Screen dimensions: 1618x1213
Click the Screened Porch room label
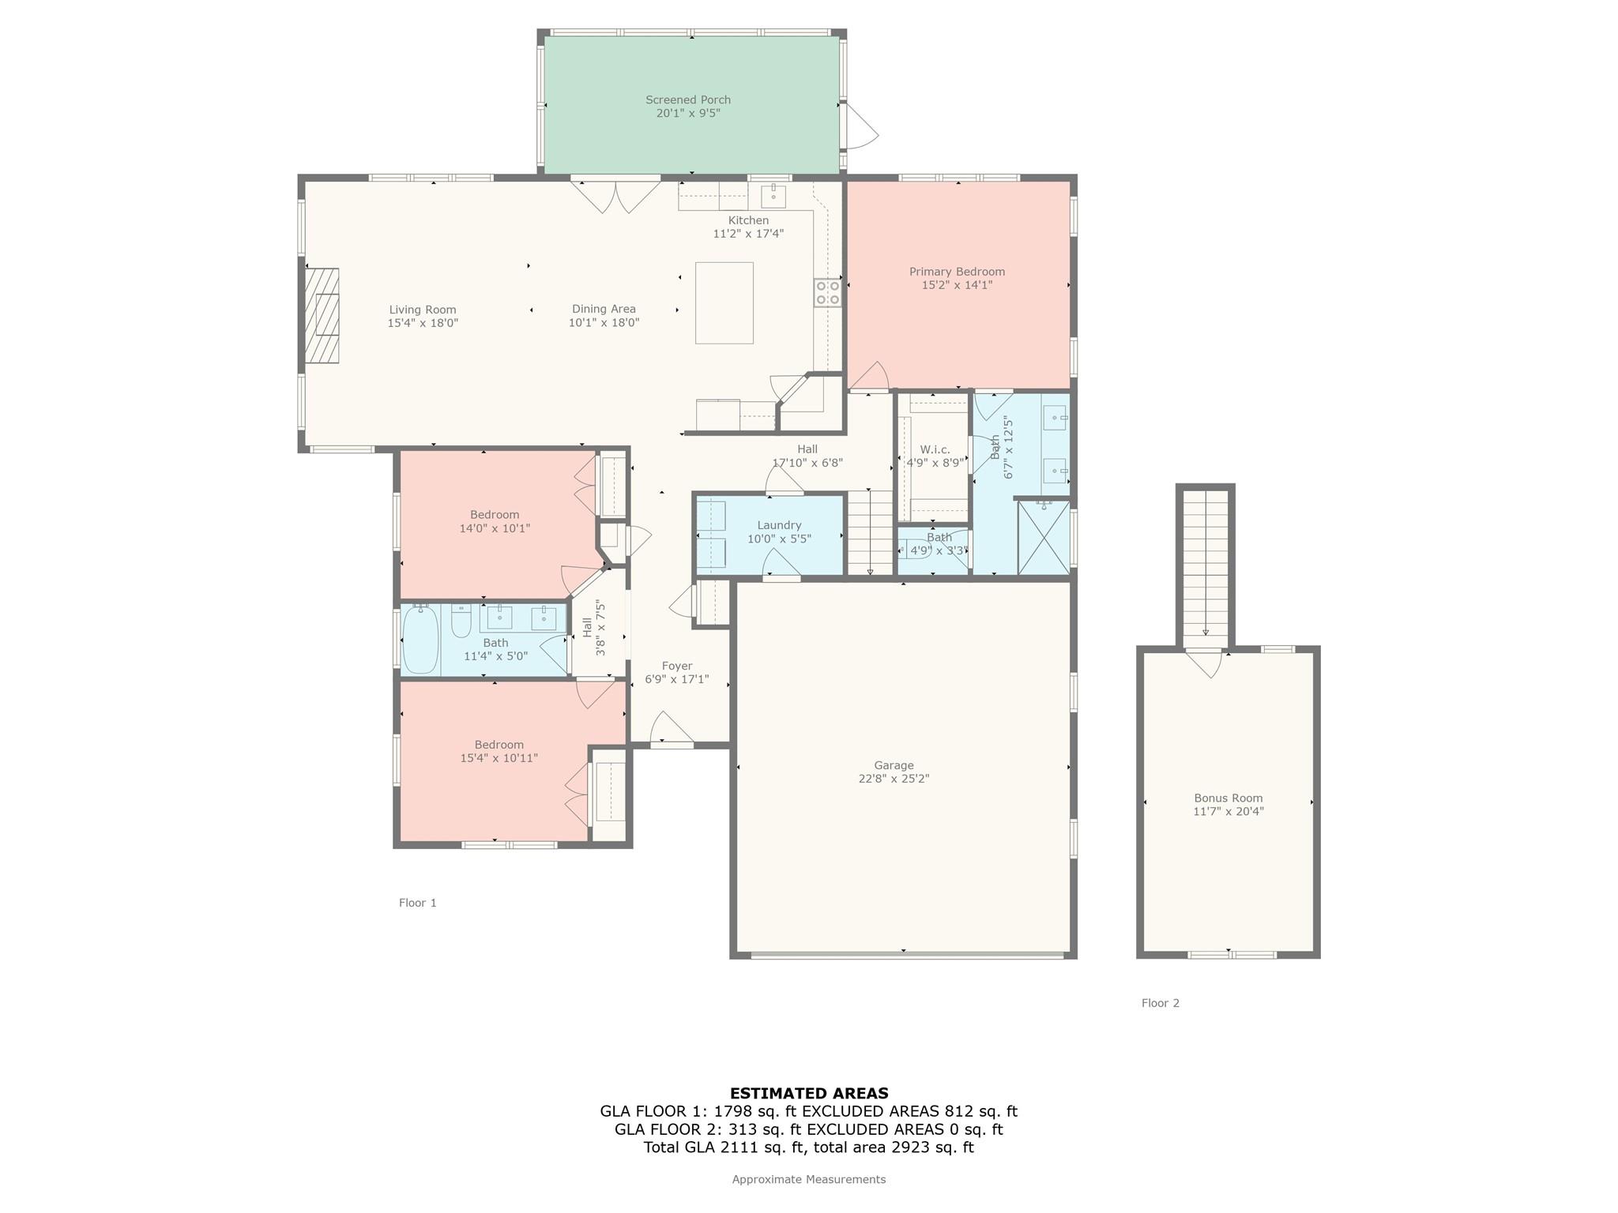pyautogui.click(x=688, y=100)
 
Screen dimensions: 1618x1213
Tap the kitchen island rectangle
pyautogui.click(x=724, y=303)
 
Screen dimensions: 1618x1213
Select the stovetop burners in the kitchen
pyautogui.click(x=828, y=292)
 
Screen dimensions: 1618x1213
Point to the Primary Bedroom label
pyautogui.click(x=957, y=272)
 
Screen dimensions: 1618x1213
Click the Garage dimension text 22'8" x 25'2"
pyautogui.click(x=894, y=779)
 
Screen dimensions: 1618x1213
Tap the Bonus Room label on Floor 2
pyautogui.click(x=1229, y=798)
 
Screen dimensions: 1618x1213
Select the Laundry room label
pyautogui.click(x=779, y=525)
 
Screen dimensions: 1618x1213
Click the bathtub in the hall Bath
pyautogui.click(x=420, y=640)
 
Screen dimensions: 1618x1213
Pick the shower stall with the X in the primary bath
pyautogui.click(x=1043, y=537)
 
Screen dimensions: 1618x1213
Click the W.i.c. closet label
pyautogui.click(x=935, y=449)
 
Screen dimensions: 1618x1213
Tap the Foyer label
pyautogui.click(x=677, y=666)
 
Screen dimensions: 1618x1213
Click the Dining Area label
pyautogui.click(x=604, y=309)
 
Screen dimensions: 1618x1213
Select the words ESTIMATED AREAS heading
pyautogui.click(x=809, y=1094)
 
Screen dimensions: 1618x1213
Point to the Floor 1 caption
pyautogui.click(x=418, y=903)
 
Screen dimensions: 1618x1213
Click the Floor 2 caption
pyautogui.click(x=1161, y=1003)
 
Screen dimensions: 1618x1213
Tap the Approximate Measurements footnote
pyautogui.click(x=809, y=1179)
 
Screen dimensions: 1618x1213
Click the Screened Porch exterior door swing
pyautogui.click(x=861, y=126)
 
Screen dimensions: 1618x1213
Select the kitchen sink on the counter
pyautogui.click(x=773, y=196)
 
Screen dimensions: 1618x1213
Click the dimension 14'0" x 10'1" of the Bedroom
pyautogui.click(x=495, y=528)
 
